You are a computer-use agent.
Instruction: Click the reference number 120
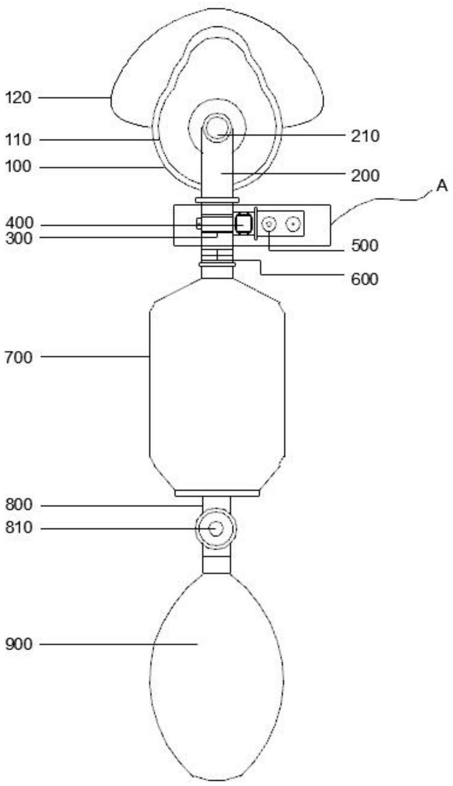18,98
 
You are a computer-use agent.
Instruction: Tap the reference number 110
18,140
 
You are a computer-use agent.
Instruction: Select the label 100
18,167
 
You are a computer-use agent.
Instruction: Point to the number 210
365,136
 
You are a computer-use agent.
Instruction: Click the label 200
365,176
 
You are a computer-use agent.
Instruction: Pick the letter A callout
442,186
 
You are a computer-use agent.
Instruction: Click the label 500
365,245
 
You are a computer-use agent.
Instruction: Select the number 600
365,279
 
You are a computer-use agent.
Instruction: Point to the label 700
19,358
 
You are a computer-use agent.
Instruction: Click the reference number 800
19,505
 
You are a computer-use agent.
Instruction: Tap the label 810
19,528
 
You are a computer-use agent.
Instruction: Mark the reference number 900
19,644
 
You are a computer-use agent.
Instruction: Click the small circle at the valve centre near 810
216,528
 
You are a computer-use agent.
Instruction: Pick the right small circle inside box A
293,224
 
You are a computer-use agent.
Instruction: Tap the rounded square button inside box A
243,223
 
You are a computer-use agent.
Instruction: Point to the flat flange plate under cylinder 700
217,493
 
